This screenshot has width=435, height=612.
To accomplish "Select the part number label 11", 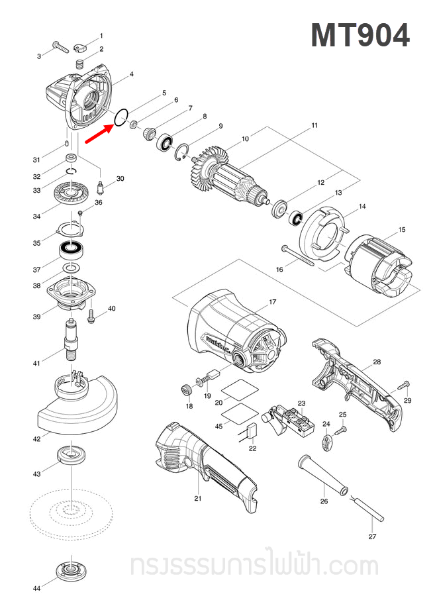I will click(x=314, y=125).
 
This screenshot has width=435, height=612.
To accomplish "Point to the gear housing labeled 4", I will click(x=79, y=99).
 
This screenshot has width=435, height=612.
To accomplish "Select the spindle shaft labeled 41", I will click(x=70, y=338).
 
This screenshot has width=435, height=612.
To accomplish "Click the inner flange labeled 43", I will click(x=70, y=455).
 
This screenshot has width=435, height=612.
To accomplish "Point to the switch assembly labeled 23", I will click(x=291, y=421).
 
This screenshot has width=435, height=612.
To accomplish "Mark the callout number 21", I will click(x=197, y=499).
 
